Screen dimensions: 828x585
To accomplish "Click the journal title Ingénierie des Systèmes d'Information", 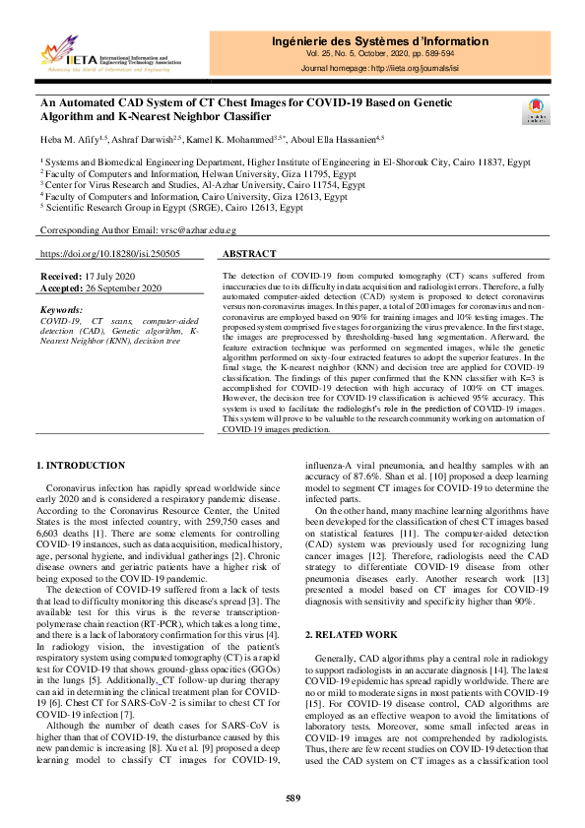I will click(379, 41).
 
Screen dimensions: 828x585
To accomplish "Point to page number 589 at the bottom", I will click(292, 796).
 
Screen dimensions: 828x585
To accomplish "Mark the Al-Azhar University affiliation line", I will click(197, 183).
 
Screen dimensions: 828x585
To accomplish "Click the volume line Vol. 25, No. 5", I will click(379, 55).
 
